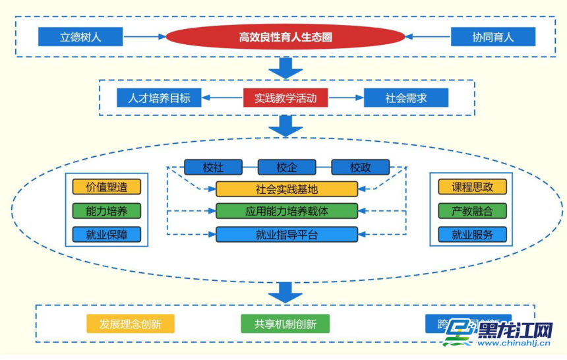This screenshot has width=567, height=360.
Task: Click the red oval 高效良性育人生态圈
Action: click(x=285, y=38)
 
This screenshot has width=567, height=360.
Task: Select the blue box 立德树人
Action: click(x=80, y=37)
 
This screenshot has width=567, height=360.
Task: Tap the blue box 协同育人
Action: click(x=492, y=37)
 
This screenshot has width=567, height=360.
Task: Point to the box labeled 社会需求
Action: click(x=405, y=98)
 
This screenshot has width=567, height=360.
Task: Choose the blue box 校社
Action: click(x=213, y=167)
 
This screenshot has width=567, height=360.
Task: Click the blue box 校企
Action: click(x=287, y=167)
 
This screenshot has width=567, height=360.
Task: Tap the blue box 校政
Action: click(x=360, y=167)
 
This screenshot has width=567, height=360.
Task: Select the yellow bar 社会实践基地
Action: click(x=287, y=189)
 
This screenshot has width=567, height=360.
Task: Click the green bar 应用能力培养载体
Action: click(x=287, y=212)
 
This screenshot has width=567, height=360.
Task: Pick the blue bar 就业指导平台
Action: click(x=287, y=234)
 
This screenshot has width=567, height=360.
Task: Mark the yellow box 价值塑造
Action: click(x=107, y=187)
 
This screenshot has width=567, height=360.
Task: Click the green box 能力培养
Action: click(x=107, y=211)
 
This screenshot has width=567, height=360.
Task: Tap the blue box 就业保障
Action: click(x=107, y=235)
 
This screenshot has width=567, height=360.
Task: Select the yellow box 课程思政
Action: click(x=472, y=187)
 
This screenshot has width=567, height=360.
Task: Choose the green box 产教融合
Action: click(x=472, y=211)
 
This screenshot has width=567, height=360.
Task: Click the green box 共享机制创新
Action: click(x=285, y=324)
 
